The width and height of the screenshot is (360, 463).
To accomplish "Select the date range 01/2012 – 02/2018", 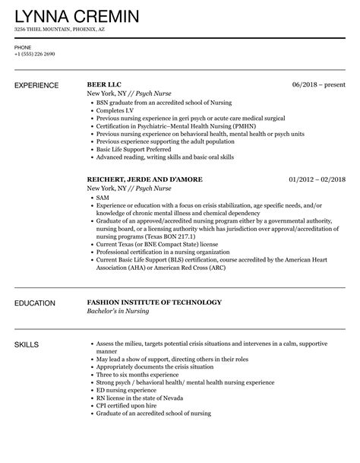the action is point(317,179).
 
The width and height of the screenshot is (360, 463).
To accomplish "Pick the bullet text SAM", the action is point(103,198).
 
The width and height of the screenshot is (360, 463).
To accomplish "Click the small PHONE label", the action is point(22,47).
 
